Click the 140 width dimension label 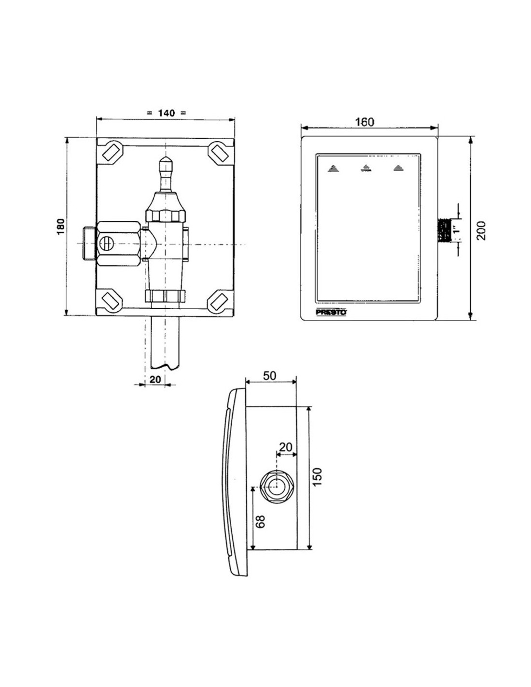(166, 113)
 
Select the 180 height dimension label (60, 226)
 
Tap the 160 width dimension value (364, 122)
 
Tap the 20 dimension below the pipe (155, 379)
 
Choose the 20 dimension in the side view (286, 447)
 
